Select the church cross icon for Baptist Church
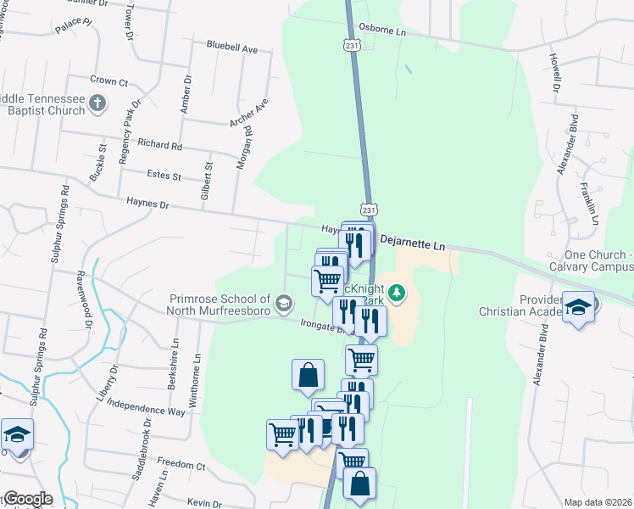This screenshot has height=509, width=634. point(97,104)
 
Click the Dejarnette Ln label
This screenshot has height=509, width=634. point(412,243)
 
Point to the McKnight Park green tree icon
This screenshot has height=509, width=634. point(398,294)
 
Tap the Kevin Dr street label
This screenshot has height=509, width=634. point(204,503)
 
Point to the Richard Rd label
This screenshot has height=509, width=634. point(160,146)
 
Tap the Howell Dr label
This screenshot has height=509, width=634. point(556,74)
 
